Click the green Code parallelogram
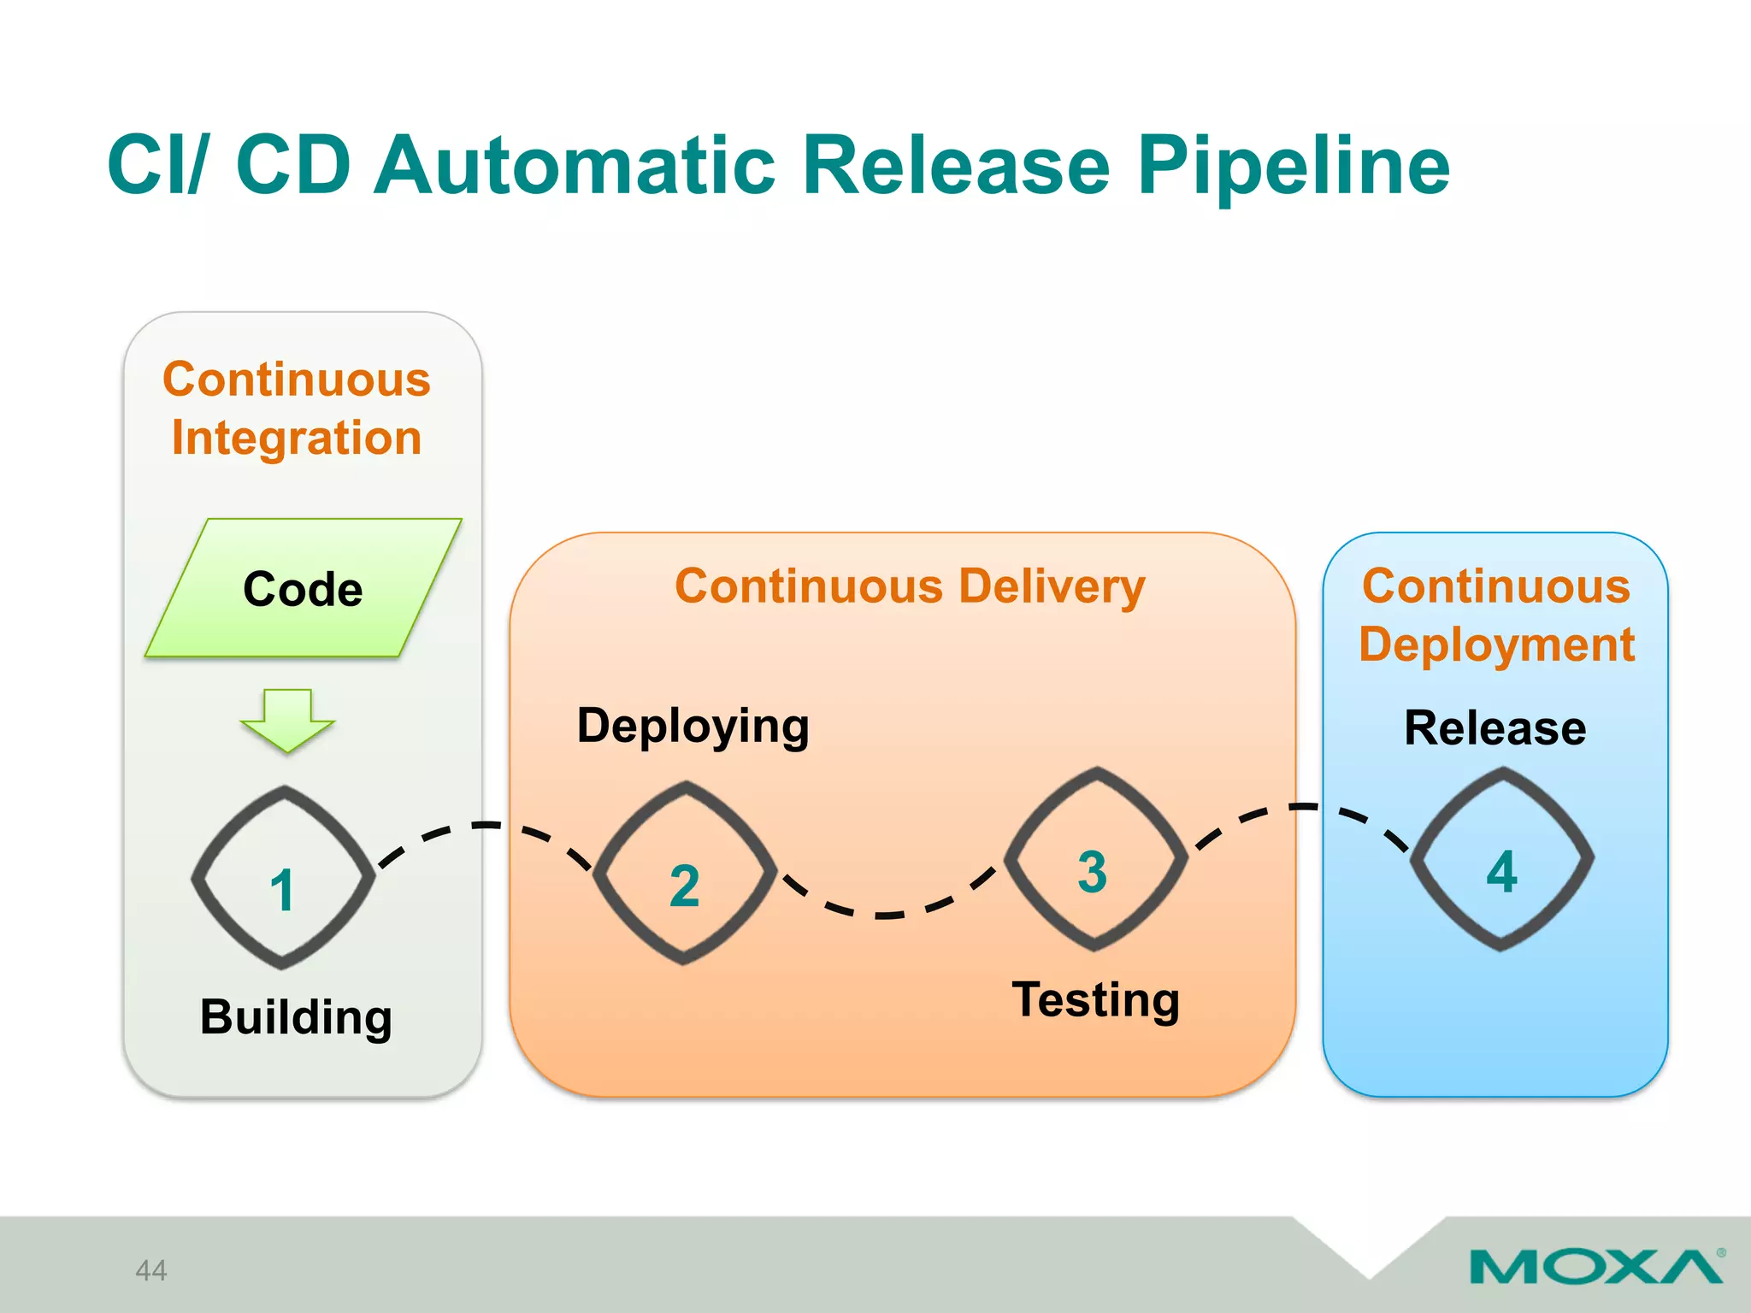point(304,589)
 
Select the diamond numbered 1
point(283,878)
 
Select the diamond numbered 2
point(685,873)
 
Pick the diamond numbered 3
point(1095,859)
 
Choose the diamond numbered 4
point(1501,859)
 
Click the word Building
point(296,1017)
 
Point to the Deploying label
point(693,727)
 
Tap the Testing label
point(1095,1000)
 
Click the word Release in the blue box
point(1495,728)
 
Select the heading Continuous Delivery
point(910,587)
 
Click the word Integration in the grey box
point(296,438)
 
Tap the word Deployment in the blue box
point(1496,645)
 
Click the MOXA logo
point(1595,1266)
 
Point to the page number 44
point(151,1270)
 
